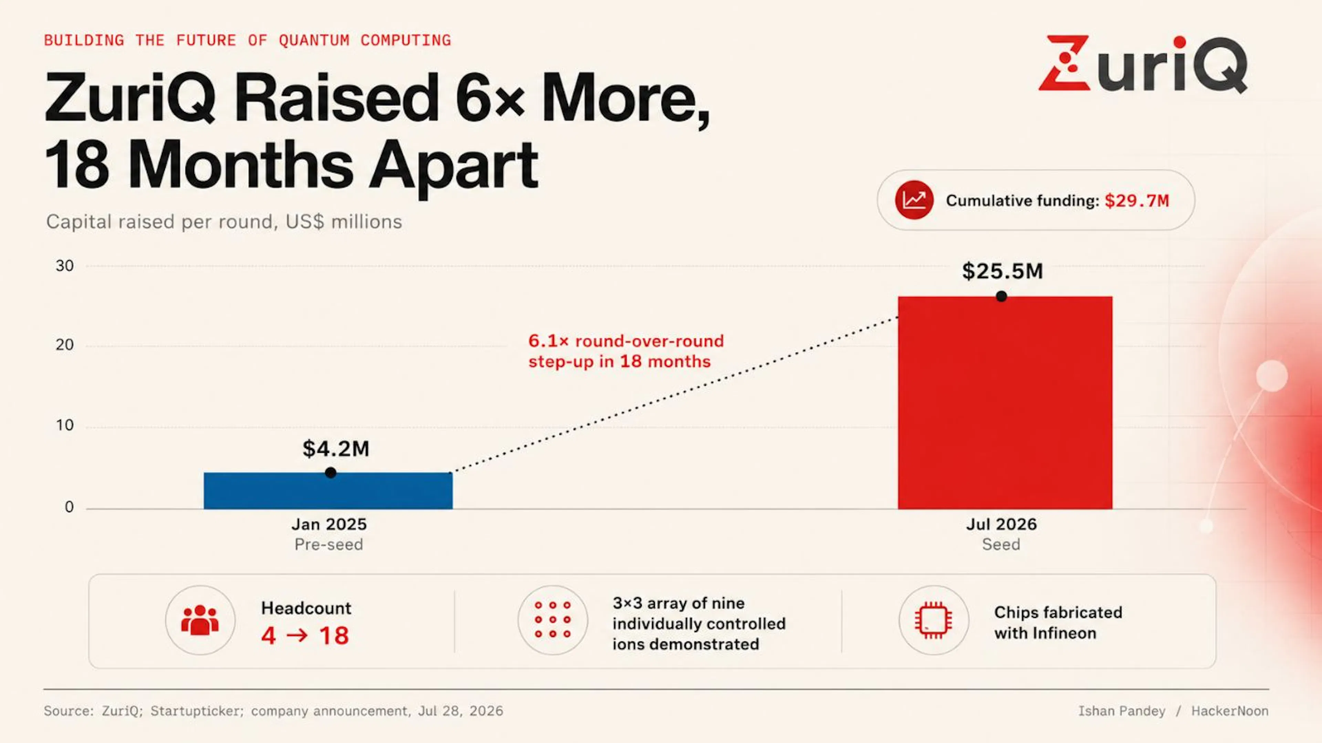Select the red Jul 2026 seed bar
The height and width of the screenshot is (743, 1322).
(x=1005, y=403)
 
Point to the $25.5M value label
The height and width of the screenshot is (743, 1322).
(x=1002, y=271)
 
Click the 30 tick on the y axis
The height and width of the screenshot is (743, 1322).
(x=65, y=266)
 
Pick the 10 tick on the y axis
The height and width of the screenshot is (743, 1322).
(x=65, y=425)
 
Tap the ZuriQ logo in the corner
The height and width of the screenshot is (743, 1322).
(x=1143, y=64)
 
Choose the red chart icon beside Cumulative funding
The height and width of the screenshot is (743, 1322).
(x=914, y=200)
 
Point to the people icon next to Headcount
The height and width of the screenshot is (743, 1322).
(x=200, y=620)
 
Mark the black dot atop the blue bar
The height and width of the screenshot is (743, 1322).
(x=330, y=473)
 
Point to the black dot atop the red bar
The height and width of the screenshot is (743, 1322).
(x=1001, y=296)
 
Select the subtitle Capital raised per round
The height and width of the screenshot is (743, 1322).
(x=224, y=222)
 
